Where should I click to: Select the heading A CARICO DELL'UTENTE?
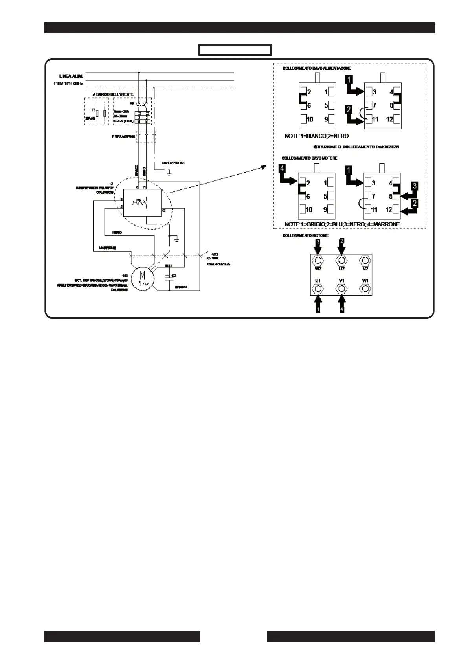(113, 94)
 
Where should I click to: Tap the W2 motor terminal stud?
(318, 261)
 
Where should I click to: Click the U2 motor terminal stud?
(342, 261)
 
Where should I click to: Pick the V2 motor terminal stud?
(365, 261)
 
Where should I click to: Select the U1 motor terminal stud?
(318, 289)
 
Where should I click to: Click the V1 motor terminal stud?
(342, 289)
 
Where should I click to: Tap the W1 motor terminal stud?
(365, 289)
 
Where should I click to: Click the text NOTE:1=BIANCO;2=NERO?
(317, 136)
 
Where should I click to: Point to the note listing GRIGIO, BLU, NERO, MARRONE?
(342, 224)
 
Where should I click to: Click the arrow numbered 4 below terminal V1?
(342, 304)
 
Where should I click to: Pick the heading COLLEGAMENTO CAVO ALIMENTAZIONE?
(311, 68)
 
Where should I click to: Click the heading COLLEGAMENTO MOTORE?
(305, 236)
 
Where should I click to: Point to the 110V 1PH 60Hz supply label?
(68, 84)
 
